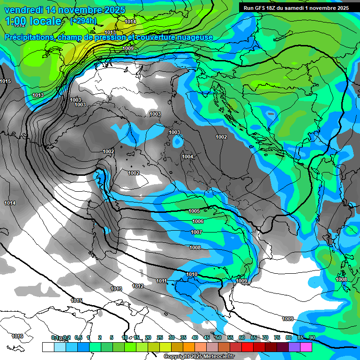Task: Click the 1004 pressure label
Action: (187, 157)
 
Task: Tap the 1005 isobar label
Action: (195, 211)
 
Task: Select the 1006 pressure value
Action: (198, 221)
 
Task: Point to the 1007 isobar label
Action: (196, 232)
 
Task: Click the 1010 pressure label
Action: (192, 274)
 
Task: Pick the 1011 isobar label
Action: (161, 281)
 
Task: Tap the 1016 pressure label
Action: (17, 336)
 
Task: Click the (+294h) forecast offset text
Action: (83, 21)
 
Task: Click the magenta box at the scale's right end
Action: (306, 347)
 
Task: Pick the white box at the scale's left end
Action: (48, 347)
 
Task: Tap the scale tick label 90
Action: (312, 337)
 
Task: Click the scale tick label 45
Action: (207, 337)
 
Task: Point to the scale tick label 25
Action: (160, 337)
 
